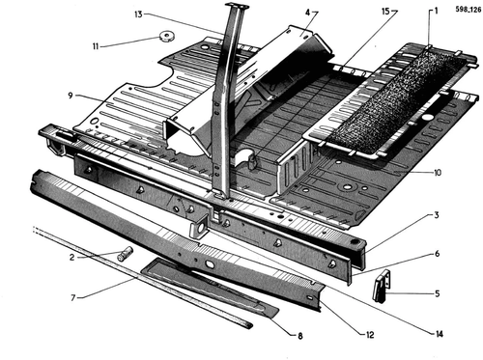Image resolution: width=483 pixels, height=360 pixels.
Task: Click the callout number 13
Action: click(x=138, y=14)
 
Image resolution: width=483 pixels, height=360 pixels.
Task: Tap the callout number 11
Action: click(x=96, y=46)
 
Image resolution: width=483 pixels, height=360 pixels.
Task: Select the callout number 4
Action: click(x=307, y=13)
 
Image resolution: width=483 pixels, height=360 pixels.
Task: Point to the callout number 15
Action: click(x=385, y=12)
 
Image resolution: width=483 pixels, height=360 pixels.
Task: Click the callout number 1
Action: click(x=436, y=12)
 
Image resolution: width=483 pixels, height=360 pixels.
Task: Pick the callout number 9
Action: click(x=71, y=96)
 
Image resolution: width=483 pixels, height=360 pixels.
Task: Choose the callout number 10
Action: click(x=438, y=173)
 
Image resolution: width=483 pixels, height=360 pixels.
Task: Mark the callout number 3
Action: click(x=437, y=215)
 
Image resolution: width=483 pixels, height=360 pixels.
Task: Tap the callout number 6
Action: click(x=437, y=254)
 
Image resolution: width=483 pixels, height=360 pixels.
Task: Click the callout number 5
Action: click(x=437, y=293)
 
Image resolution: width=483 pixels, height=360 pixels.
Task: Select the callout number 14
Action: click(x=439, y=334)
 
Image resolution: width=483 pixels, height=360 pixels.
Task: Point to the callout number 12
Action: click(x=370, y=335)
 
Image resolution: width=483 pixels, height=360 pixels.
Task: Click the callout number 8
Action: click(x=300, y=336)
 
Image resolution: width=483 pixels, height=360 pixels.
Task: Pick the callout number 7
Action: click(x=73, y=298)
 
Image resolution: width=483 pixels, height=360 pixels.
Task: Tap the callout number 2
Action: click(x=71, y=258)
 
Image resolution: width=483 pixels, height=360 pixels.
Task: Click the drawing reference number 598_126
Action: click(x=469, y=10)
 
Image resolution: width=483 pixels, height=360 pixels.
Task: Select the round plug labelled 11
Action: click(x=167, y=36)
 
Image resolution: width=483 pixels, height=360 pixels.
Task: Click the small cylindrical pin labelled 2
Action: click(x=126, y=253)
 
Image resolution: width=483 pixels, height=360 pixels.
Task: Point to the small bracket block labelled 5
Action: click(x=382, y=286)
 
